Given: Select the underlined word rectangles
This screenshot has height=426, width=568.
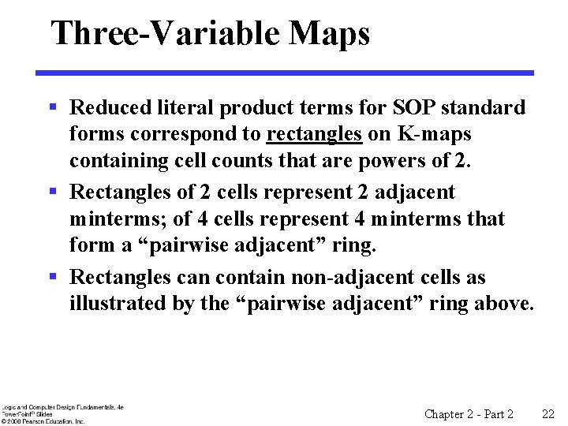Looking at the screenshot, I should click(314, 134).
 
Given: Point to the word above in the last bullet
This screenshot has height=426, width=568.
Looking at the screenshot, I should click(504, 303).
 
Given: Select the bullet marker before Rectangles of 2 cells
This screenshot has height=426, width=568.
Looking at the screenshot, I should click(53, 192).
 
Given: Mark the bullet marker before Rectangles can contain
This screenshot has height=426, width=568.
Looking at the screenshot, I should click(53, 277).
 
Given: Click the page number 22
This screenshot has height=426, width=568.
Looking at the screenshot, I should click(549, 414).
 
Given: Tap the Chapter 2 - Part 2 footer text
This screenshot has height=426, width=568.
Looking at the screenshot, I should click(469, 414).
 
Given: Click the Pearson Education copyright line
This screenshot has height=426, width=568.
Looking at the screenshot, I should click(43, 421).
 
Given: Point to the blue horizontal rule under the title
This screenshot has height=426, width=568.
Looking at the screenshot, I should click(285, 73).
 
